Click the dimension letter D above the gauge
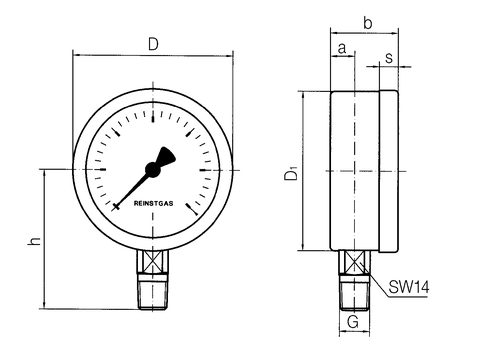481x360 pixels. pos(153,44)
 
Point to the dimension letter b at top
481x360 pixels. pos(367,23)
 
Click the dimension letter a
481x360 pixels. pos(342,49)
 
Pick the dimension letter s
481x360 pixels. pos(389,58)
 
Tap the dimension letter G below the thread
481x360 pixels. pos(353,322)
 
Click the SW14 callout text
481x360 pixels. pos(409,287)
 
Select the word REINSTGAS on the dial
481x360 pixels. pos(153,203)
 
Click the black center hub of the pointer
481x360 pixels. pos(153,170)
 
